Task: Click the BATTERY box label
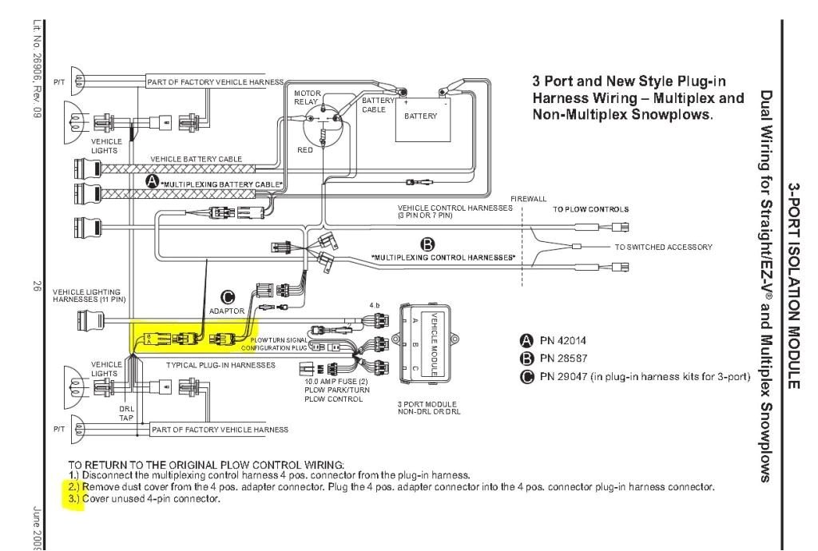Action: (420, 116)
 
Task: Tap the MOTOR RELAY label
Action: (307, 97)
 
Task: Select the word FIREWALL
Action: (529, 198)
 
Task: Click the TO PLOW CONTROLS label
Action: (590, 209)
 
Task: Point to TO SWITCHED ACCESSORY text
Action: (663, 247)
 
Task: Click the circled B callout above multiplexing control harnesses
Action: (427, 244)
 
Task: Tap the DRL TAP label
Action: (125, 412)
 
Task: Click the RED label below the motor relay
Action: (305, 149)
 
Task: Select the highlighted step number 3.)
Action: (73, 498)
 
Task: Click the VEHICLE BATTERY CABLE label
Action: (196, 159)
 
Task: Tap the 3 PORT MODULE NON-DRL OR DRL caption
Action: (428, 407)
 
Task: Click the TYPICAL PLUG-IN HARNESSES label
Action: (220, 364)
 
